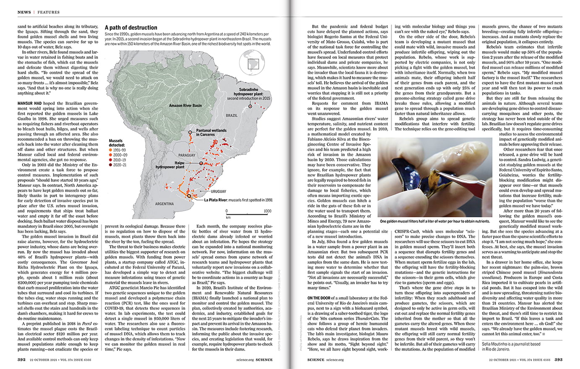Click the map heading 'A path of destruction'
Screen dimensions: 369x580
(x=131, y=28)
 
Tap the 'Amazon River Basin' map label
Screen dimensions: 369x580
(x=185, y=106)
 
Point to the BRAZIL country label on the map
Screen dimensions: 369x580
(x=231, y=115)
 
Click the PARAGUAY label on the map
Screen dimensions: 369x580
(x=187, y=155)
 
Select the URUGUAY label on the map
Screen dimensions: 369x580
(x=218, y=191)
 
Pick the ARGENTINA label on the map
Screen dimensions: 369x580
(x=164, y=204)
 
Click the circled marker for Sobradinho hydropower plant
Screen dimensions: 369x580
(x=250, y=107)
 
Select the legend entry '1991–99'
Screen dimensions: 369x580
(x=119, y=150)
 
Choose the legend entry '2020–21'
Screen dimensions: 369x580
(x=119, y=165)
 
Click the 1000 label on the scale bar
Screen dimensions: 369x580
(x=267, y=211)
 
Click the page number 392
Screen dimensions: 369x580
(x=21, y=359)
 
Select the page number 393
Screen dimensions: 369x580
(x=558, y=359)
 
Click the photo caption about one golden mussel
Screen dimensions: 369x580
(x=434, y=221)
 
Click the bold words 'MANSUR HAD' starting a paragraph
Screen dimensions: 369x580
(x=29, y=103)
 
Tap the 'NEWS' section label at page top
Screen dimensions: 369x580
(x=24, y=12)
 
